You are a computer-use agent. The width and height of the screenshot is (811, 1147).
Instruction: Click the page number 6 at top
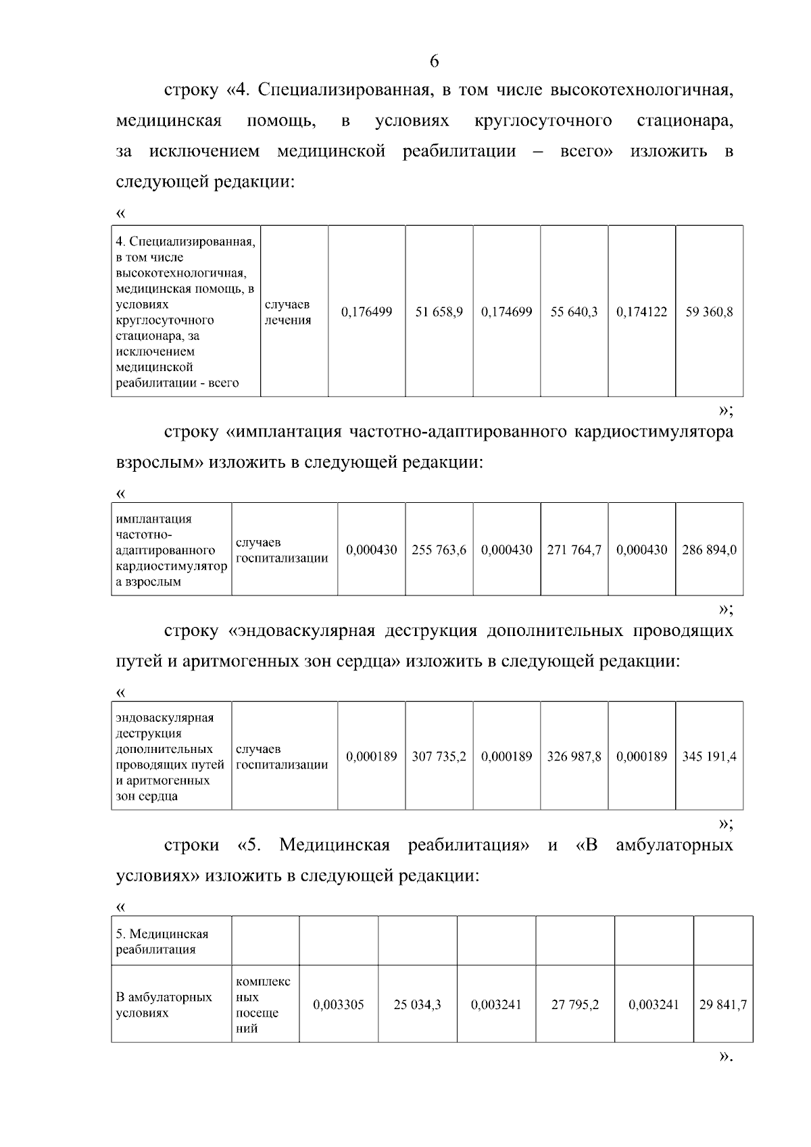tap(434, 62)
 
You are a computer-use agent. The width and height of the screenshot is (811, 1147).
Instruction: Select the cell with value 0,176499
tap(366, 312)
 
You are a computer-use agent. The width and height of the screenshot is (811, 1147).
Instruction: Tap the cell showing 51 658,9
tap(439, 312)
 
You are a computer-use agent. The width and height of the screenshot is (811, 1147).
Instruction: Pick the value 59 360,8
tap(709, 312)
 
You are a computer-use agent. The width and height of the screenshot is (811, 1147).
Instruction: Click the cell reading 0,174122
tap(641, 312)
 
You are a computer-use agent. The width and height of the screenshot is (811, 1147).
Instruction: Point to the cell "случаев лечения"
tap(287, 312)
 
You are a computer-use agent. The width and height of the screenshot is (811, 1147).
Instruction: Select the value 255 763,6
tap(439, 550)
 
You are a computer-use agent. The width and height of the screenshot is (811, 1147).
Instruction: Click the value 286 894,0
tap(709, 550)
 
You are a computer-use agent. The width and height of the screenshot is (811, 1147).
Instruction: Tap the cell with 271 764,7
tap(574, 550)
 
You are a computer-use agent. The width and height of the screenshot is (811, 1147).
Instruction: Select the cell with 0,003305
tap(338, 1005)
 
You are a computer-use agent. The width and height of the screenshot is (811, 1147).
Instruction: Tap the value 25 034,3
tap(417, 1005)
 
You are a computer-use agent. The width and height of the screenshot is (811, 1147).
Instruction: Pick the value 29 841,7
tap(722, 1005)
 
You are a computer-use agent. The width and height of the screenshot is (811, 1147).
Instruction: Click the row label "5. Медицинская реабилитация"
tap(162, 942)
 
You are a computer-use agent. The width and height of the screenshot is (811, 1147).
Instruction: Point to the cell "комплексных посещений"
tap(263, 1005)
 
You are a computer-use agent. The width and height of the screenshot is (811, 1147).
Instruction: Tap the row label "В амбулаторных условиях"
tap(164, 1005)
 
